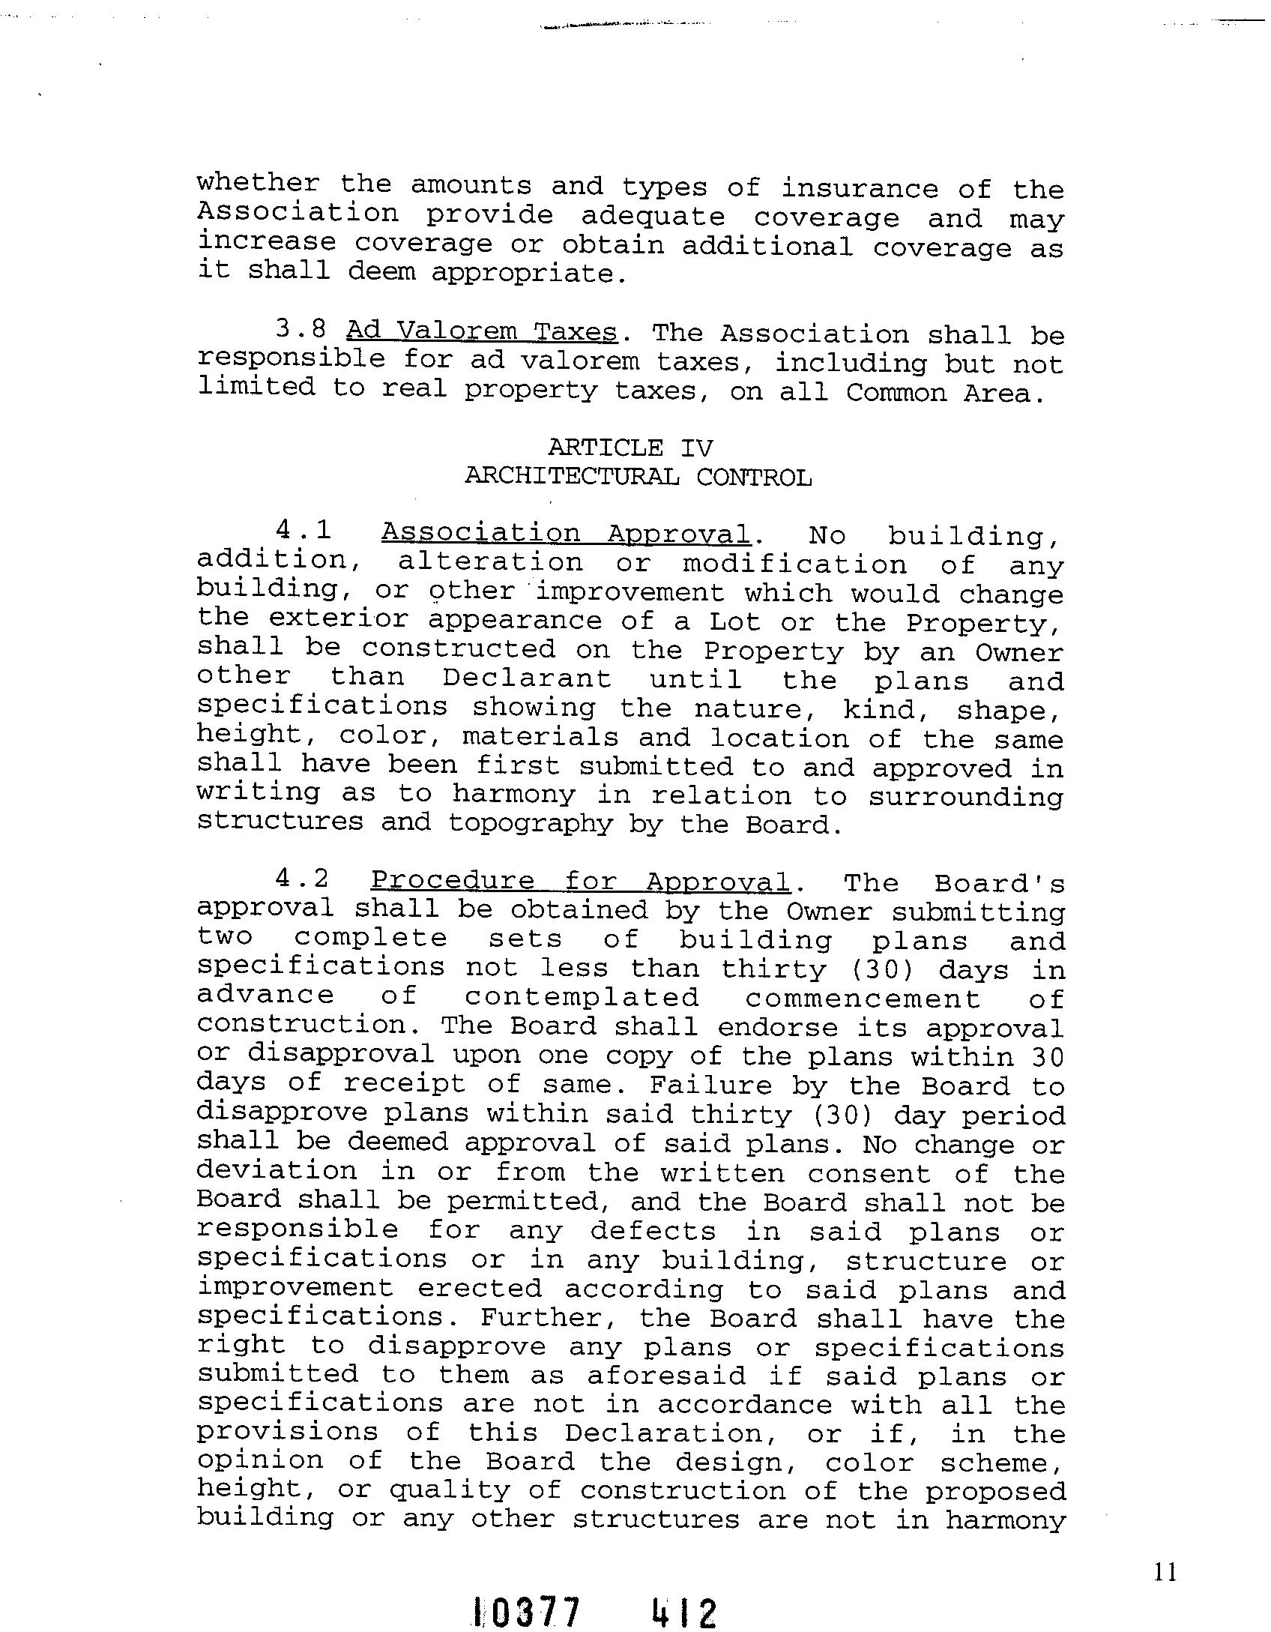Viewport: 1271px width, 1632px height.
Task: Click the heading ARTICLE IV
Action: (x=630, y=448)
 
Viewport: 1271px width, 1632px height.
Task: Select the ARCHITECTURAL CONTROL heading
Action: (x=638, y=477)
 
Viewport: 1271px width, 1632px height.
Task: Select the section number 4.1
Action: (x=304, y=531)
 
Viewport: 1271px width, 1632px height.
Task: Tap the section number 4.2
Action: (x=303, y=879)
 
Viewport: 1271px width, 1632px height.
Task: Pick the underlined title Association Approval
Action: (x=566, y=533)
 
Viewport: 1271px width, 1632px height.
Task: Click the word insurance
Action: (x=860, y=187)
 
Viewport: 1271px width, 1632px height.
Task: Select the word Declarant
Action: (x=527, y=678)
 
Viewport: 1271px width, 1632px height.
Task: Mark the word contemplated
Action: (x=582, y=997)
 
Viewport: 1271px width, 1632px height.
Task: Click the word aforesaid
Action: (x=666, y=1376)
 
